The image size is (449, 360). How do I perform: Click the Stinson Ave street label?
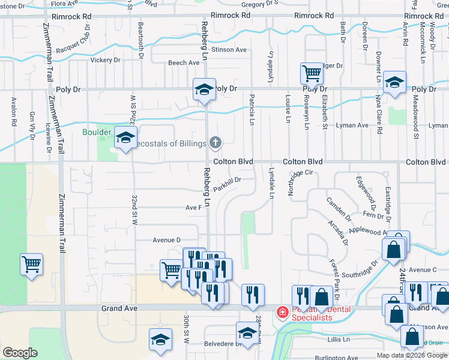pyautogui.click(x=229, y=50)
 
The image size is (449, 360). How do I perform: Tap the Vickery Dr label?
pyautogui.click(x=106, y=60)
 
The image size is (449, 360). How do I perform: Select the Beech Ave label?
pyautogui.click(x=184, y=62)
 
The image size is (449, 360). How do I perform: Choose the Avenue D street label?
pyautogui.click(x=166, y=240)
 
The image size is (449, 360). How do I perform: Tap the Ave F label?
pyautogui.click(x=193, y=208)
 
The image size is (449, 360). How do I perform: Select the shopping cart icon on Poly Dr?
pyautogui.click(x=312, y=74)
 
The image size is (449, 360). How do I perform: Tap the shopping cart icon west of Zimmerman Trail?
pyautogui.click(x=31, y=263)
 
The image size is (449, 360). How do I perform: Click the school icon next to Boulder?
pyautogui.click(x=126, y=138)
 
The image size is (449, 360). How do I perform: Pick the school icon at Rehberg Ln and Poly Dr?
pyautogui.click(x=204, y=90)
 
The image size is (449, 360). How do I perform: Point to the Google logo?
pyautogui.click(x=20, y=353)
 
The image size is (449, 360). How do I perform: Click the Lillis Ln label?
pyautogui.click(x=339, y=339)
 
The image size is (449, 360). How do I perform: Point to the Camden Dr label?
pyautogui.click(x=339, y=208)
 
